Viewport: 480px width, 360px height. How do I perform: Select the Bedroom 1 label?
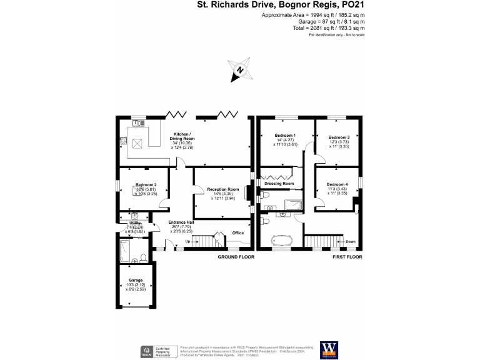click(285, 136)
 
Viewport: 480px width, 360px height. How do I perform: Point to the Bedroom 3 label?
click(338, 137)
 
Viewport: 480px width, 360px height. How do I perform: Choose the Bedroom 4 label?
click(337, 184)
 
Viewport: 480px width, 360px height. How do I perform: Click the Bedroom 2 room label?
click(146, 185)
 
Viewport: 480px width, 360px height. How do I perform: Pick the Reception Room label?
click(224, 189)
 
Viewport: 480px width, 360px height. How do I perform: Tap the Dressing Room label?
click(279, 184)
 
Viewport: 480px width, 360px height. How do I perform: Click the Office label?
click(238, 232)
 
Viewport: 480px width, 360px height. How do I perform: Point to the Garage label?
click(136, 280)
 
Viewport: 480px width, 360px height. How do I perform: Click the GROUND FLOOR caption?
click(236, 257)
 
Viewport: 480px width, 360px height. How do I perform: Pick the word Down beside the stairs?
click(351, 241)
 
